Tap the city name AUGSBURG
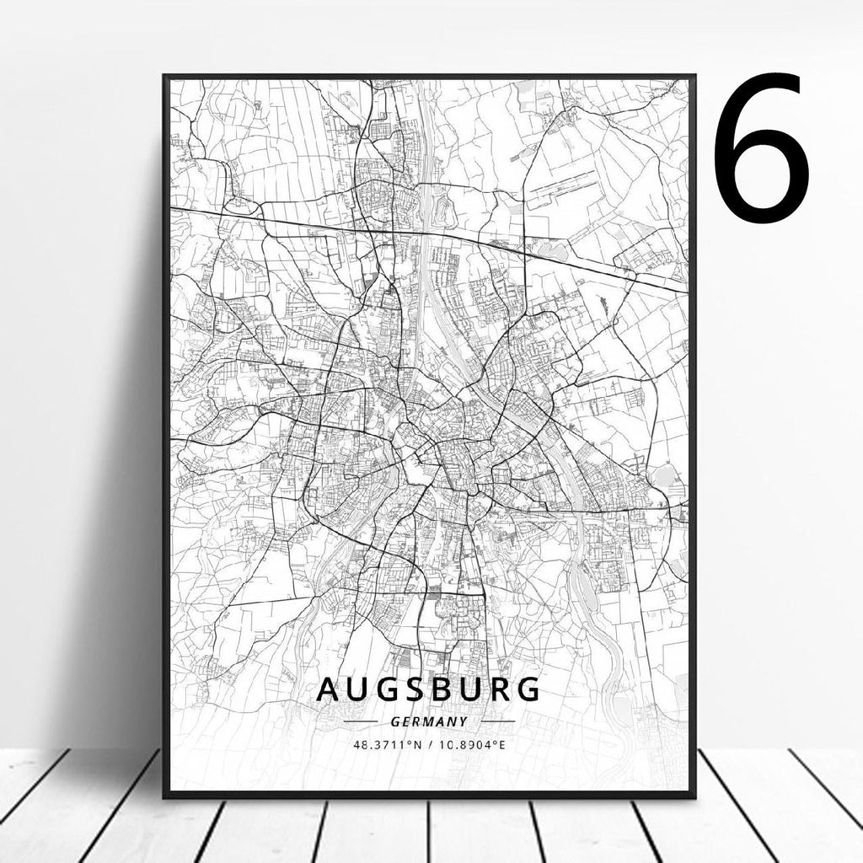click(x=428, y=689)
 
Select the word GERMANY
click(x=429, y=722)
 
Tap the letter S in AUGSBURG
click(x=394, y=689)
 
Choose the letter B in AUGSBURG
click(x=427, y=689)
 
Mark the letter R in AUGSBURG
click(x=494, y=689)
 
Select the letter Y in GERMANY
click(x=462, y=722)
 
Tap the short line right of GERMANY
click(x=496, y=722)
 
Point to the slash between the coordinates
click(x=431, y=745)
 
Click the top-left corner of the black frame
click(x=165, y=77)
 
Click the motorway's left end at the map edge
click(x=173, y=207)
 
